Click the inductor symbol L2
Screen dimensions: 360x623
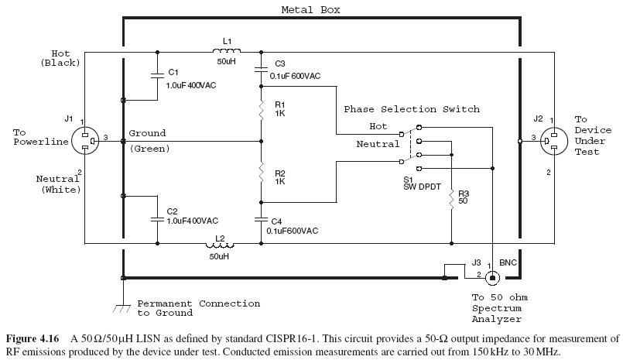pyautogui.click(x=220, y=243)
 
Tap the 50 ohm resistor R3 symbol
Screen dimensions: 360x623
pyautogui.click(x=450, y=199)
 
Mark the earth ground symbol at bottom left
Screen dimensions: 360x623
pyautogui.click(x=122, y=307)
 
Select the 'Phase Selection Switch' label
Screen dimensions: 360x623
pyautogui.click(x=412, y=109)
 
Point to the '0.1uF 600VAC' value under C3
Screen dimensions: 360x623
pyautogui.click(x=295, y=76)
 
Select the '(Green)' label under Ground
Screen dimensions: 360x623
pyautogui.click(x=149, y=148)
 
